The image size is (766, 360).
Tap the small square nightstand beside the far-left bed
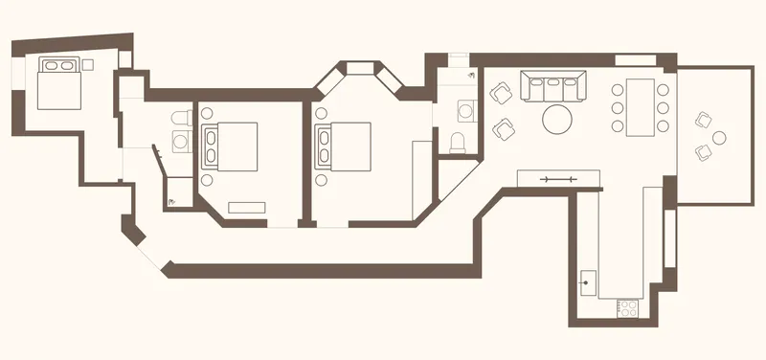88,64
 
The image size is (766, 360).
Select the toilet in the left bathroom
179,118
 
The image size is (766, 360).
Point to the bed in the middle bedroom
230,146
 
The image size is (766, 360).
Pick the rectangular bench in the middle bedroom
247,206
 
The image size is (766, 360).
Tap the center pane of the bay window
363,67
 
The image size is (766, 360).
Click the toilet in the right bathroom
458,143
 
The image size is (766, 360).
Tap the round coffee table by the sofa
558,120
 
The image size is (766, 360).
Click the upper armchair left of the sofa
501,93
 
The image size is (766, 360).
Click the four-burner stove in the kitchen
629,309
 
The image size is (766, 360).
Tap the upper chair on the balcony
705,121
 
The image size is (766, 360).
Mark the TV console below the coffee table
558,178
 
